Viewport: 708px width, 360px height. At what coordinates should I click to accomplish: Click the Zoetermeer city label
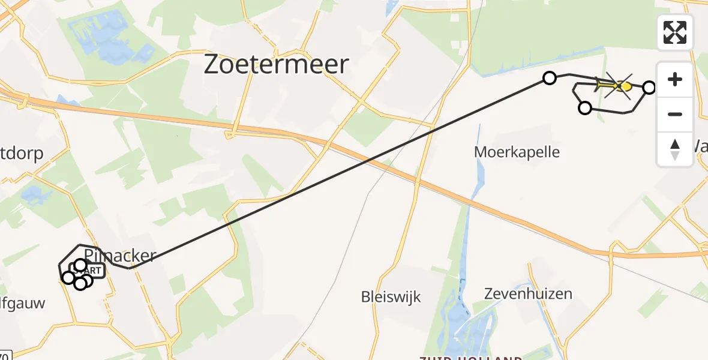tap(276, 64)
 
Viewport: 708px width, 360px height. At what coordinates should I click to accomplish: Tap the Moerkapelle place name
tap(517, 152)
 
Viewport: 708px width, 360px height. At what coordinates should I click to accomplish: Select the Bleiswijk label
tap(391, 296)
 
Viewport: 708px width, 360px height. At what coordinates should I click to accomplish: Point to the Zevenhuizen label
tap(528, 294)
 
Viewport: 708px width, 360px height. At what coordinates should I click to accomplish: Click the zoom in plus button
tap(675, 79)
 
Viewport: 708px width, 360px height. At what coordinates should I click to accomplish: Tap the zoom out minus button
tap(675, 114)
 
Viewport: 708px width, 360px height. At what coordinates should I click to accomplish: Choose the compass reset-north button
tap(675, 149)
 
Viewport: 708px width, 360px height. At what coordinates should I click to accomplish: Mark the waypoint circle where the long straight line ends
tap(549, 77)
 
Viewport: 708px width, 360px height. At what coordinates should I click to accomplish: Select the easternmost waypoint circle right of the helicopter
tap(649, 88)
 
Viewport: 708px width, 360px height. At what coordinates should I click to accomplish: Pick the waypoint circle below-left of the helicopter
tap(584, 108)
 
